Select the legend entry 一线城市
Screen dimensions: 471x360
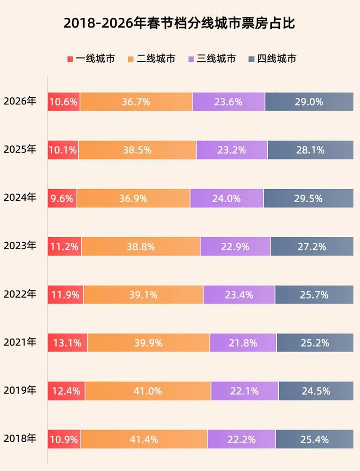pos(90,59)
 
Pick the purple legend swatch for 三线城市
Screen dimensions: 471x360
pos(191,59)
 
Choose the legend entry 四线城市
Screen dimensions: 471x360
pos(272,59)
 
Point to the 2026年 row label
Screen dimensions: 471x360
pos(20,101)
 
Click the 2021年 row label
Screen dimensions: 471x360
pos(20,343)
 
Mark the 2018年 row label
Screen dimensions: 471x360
pos(20,439)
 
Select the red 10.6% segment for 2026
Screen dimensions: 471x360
pos(64,102)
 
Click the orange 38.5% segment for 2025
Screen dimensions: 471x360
pos(137,150)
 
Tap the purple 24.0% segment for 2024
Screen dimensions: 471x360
pos(227,198)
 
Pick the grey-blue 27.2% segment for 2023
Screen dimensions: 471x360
pos(312,246)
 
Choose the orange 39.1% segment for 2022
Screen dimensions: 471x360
pos(143,295)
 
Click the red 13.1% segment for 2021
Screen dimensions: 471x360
pos(67,343)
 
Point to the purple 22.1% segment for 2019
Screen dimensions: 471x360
pos(244,391)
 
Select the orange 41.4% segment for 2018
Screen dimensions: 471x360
pos(144,439)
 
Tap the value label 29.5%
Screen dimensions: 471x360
pos(309,198)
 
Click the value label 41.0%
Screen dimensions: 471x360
pos(148,391)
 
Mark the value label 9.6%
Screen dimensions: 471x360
pos(62,198)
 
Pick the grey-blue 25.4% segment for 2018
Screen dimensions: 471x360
pos(315,439)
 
